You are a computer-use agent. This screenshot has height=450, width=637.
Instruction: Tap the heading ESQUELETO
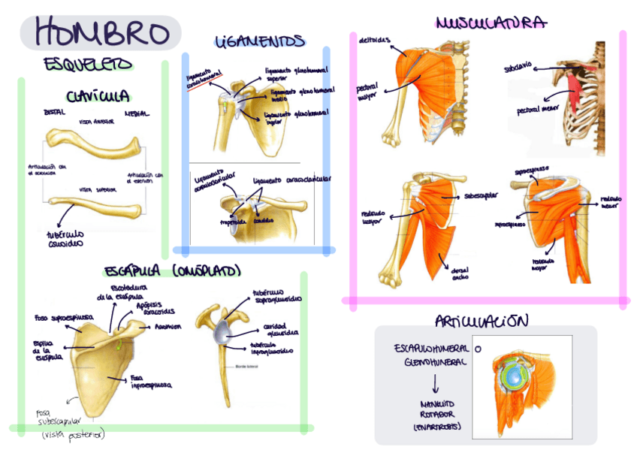88,65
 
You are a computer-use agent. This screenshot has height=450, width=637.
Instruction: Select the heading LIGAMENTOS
260,41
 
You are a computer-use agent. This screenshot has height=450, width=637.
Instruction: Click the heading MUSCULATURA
491,23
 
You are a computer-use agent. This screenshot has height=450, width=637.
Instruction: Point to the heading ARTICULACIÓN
482,322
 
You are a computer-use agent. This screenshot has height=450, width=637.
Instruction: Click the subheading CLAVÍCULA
98,96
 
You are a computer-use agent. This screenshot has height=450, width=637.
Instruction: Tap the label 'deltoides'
373,40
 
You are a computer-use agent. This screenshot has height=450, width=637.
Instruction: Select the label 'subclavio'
518,68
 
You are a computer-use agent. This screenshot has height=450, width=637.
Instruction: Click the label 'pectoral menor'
533,110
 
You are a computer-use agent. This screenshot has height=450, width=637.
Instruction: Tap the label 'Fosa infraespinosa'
148,382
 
